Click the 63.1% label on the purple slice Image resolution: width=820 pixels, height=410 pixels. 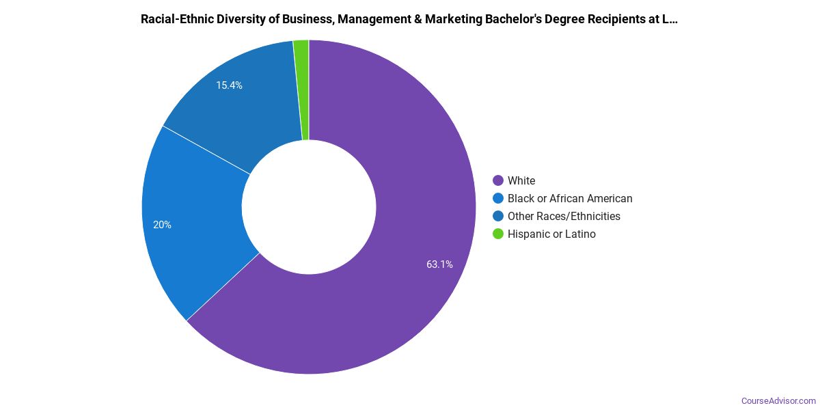point(439,264)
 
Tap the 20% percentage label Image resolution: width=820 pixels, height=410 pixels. point(162,225)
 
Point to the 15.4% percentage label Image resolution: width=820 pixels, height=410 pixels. point(229,85)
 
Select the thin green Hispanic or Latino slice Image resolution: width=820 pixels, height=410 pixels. point(301,89)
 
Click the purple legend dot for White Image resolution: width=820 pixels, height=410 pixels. point(498,180)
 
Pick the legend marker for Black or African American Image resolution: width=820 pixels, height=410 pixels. point(498,198)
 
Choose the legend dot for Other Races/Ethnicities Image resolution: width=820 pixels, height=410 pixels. point(498,216)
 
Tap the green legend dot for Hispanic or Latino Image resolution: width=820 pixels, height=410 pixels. point(498,234)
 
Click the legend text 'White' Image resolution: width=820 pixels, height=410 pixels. point(521,180)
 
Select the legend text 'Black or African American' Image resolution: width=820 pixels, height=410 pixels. point(570,198)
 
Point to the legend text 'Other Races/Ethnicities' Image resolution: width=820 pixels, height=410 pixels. point(564,216)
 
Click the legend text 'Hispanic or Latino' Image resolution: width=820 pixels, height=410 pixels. point(551,234)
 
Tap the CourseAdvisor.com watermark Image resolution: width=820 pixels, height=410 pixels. point(778,400)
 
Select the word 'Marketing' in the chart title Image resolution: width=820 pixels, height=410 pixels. point(452,19)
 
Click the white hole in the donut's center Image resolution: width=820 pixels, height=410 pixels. point(309,207)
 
